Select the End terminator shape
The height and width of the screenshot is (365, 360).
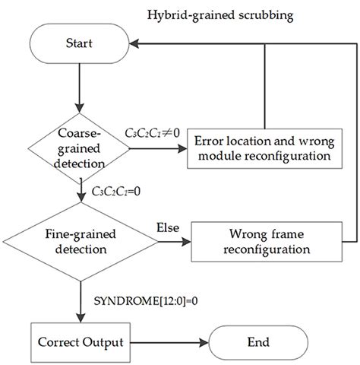coord(258,343)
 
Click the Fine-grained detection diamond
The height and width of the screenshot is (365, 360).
coord(80,243)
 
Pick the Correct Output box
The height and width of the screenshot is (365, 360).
coord(80,343)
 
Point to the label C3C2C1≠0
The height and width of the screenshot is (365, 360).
coord(152,134)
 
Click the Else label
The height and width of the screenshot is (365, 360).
coord(167,228)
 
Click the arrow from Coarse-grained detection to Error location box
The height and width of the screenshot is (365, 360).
coord(156,149)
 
